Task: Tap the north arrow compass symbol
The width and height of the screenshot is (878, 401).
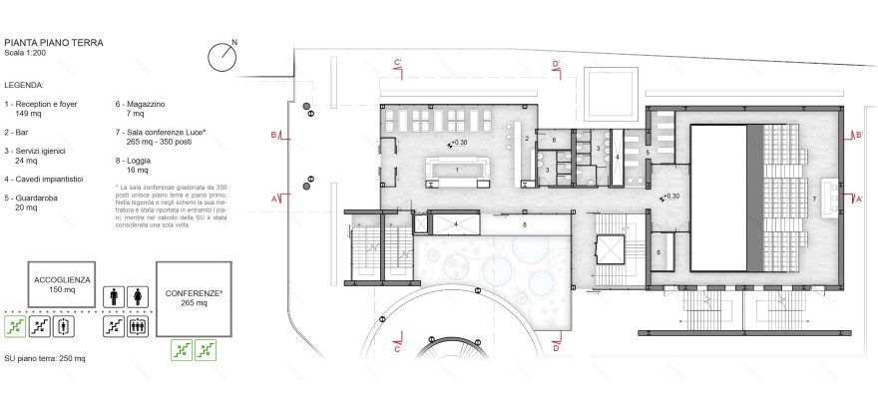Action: (221, 56)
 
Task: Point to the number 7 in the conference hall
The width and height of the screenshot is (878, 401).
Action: (814, 200)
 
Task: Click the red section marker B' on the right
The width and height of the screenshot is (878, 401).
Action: (856, 135)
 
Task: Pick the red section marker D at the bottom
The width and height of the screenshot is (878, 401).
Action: (555, 349)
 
